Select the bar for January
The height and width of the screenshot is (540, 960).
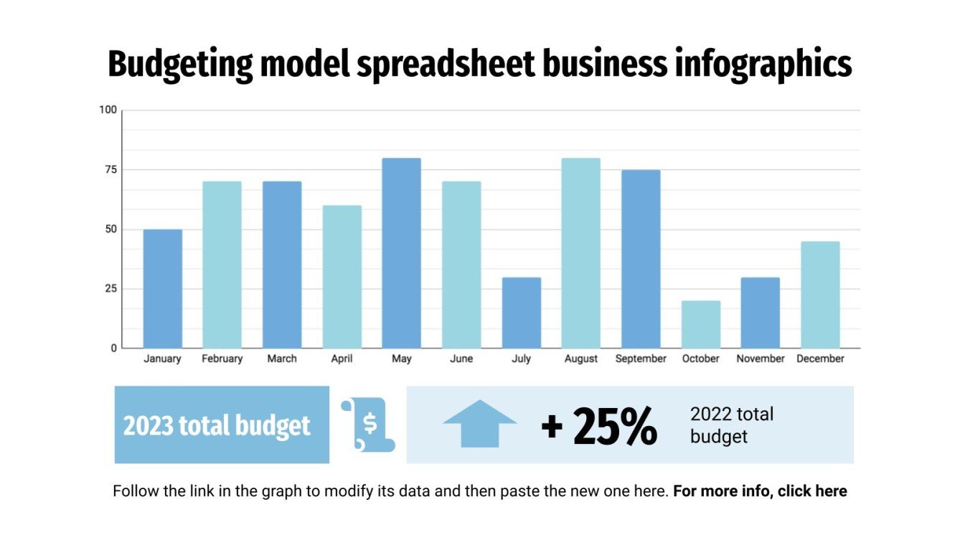tap(162, 289)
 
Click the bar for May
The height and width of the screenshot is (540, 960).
tap(401, 253)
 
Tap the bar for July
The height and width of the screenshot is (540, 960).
tap(521, 313)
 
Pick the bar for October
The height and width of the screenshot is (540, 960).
tap(700, 325)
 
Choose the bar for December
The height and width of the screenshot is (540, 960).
tap(820, 295)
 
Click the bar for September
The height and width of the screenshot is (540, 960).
tap(641, 259)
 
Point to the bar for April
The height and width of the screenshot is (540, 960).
tap(342, 277)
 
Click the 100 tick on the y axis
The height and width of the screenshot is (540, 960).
tap(107, 110)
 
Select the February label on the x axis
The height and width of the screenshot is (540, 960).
tap(222, 359)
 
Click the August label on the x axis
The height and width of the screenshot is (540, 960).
tap(580, 359)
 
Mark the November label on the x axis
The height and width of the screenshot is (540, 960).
tap(760, 359)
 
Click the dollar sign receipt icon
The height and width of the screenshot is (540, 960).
tap(368, 425)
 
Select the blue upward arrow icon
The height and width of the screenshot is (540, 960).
tap(479, 424)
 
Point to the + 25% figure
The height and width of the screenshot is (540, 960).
tap(598, 426)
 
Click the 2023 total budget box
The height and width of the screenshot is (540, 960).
tap(221, 425)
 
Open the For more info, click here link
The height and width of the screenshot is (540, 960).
tap(760, 491)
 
